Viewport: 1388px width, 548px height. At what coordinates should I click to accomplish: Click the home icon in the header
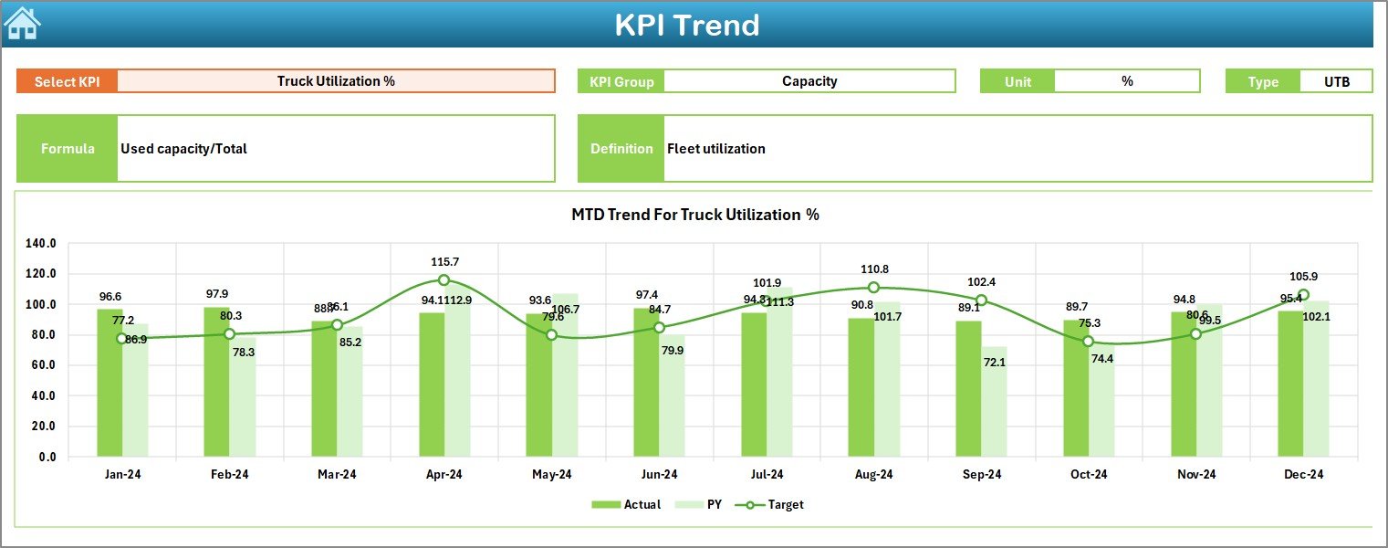(22, 23)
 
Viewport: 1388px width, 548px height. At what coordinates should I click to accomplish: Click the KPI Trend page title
(686, 25)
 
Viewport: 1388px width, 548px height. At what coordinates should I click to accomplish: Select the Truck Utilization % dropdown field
(336, 81)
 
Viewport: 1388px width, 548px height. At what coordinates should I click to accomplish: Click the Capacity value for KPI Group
(809, 81)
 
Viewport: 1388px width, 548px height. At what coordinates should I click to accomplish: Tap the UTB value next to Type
(1337, 81)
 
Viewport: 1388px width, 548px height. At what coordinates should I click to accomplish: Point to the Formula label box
(68, 149)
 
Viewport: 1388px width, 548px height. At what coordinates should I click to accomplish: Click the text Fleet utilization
(716, 149)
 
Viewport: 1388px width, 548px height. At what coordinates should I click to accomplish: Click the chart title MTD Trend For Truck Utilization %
(694, 215)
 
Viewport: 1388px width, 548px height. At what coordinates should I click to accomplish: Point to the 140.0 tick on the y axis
(41, 244)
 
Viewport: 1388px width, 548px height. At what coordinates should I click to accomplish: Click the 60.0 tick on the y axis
(41, 365)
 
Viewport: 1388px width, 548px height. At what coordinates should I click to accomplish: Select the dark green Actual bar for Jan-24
(110, 383)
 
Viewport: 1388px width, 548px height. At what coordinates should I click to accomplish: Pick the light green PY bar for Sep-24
(994, 402)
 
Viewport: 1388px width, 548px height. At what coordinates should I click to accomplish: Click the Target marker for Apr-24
(444, 280)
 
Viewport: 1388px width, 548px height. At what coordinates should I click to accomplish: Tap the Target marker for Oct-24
(1088, 342)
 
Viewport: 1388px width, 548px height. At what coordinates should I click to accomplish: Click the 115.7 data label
(444, 261)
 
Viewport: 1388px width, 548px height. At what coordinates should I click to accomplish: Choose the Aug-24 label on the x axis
(873, 474)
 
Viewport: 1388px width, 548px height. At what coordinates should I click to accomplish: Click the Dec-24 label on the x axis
(1303, 474)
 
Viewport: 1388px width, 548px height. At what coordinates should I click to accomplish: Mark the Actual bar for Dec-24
(1290, 384)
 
